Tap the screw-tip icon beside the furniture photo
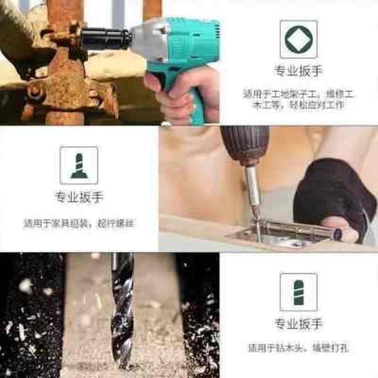pyautogui.click(x=79, y=165)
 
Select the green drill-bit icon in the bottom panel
pyautogui.click(x=298, y=292)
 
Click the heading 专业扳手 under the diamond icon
pyautogui.click(x=298, y=71)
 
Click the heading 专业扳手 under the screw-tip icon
pyautogui.click(x=79, y=197)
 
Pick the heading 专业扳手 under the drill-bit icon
pyautogui.click(x=298, y=324)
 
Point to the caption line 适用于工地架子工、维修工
pyautogui.click(x=298, y=94)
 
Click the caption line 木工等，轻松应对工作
pyautogui.click(x=298, y=105)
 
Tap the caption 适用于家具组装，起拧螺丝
pyautogui.click(x=79, y=223)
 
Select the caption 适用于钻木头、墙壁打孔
pyautogui.click(x=298, y=348)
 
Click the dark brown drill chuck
pyautogui.click(x=245, y=144)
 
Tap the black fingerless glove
pyautogui.click(x=331, y=189)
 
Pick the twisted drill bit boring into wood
pyautogui.click(x=122, y=307)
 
